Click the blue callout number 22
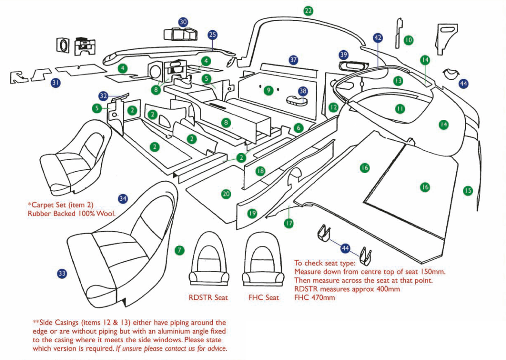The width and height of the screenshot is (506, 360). [308, 11]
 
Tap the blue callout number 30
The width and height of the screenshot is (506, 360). [183, 22]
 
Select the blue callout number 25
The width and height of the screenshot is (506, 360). [212, 35]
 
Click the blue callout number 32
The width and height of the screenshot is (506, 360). [103, 96]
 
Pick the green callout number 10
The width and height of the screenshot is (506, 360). [408, 40]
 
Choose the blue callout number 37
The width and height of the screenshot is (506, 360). [294, 60]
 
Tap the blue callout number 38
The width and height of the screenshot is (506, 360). [303, 91]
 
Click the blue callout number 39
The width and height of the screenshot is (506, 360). [343, 55]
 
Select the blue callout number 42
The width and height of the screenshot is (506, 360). [378, 38]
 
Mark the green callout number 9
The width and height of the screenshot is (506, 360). [269, 90]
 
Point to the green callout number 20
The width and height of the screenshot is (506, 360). [226, 194]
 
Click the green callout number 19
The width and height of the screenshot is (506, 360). [252, 213]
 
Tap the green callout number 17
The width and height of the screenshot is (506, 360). [288, 223]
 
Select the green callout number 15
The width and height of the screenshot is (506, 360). [468, 190]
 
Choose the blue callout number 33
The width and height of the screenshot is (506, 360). [62, 273]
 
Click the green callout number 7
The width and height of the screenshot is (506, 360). [179, 250]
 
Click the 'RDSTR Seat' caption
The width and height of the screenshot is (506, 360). [208, 298]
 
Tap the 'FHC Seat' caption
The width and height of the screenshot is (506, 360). [263, 298]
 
